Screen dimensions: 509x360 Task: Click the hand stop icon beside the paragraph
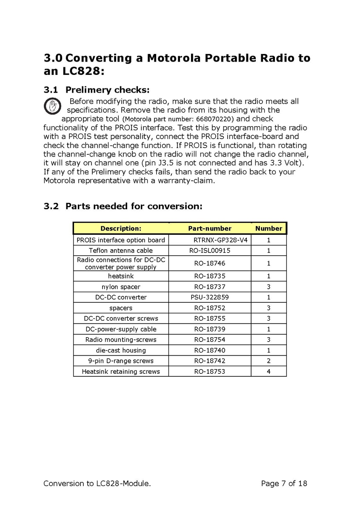pos(52,106)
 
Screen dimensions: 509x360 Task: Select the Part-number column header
pos(210,228)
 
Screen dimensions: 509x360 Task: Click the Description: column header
pos(121,228)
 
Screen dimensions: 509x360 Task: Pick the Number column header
pos(269,228)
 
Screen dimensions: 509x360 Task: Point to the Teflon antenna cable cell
pos(121,250)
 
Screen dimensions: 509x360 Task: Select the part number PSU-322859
pos(210,297)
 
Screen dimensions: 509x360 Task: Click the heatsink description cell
pos(121,276)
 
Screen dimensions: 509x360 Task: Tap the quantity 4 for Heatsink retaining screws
pos(269,371)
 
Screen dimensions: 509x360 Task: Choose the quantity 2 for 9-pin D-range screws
pos(269,361)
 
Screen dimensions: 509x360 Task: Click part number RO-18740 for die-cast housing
pos(210,350)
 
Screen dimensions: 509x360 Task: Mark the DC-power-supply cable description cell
pos(121,329)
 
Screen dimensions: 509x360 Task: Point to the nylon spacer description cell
pos(121,287)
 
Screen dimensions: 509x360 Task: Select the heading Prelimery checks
pos(107,90)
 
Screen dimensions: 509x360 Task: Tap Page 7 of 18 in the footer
pos(284,483)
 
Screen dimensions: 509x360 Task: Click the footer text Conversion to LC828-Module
pos(97,483)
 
